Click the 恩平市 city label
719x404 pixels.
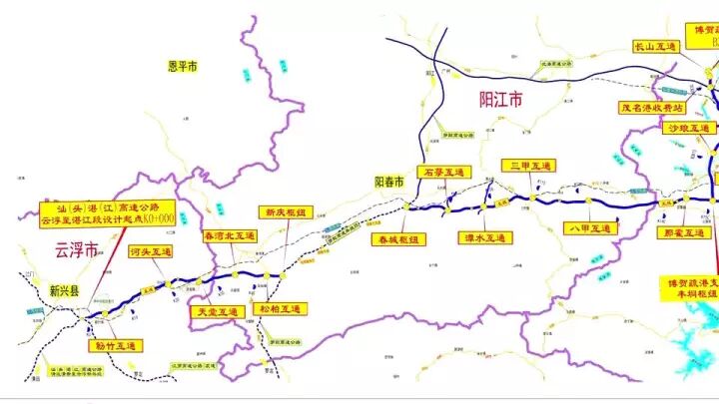point(183,66)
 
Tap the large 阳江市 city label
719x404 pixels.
point(501,100)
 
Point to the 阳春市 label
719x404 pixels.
point(388,183)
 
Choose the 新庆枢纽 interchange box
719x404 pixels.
point(287,212)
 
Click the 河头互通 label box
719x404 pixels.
point(151,252)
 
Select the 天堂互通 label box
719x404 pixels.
point(216,312)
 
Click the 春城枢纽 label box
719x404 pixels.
point(398,239)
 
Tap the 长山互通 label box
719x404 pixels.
point(655,46)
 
